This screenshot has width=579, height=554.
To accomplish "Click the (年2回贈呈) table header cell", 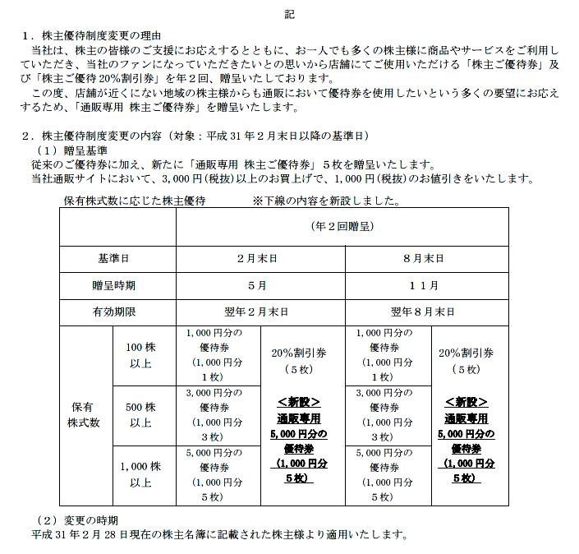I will pyautogui.click(x=345, y=225).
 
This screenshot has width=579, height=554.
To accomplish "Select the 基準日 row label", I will pyautogui.click(x=117, y=257).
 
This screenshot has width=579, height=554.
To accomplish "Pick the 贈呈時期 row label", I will pyautogui.click(x=117, y=285).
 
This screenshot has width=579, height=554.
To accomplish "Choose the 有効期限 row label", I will pyautogui.click(x=117, y=312).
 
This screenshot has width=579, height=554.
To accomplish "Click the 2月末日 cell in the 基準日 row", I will pyautogui.click(x=260, y=257).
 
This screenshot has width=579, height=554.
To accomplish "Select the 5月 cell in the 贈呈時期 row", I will pyautogui.click(x=260, y=285).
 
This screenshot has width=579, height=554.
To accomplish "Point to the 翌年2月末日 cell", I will pyautogui.click(x=260, y=312).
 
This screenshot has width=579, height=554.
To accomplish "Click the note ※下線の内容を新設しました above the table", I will pyautogui.click(x=326, y=200).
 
